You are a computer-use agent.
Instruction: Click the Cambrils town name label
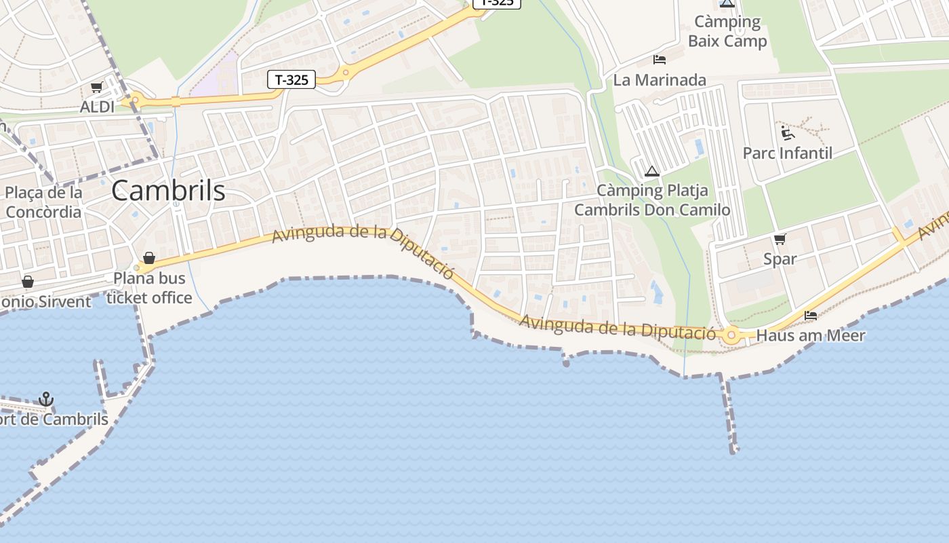(168, 190)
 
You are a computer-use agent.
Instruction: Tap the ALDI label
(98, 107)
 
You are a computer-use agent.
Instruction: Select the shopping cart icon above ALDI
(96, 88)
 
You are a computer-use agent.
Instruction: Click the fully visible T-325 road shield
(291, 79)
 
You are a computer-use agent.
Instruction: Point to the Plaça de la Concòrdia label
(43, 202)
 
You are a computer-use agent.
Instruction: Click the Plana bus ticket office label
(149, 288)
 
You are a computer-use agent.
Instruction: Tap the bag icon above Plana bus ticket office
(149, 258)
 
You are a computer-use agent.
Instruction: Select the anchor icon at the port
(45, 399)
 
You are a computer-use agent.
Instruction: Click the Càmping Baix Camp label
(727, 31)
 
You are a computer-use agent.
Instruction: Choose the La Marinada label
(660, 80)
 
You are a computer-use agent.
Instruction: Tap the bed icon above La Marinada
(660, 60)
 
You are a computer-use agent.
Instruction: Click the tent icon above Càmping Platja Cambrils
(652, 171)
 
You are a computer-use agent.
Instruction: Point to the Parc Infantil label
(788, 153)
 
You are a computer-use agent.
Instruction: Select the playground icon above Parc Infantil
(787, 132)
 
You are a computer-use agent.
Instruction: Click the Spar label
(780, 259)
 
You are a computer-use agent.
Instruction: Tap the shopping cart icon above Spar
(780, 239)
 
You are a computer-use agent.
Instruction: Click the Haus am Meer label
(811, 335)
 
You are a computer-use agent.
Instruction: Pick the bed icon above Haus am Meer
(811, 316)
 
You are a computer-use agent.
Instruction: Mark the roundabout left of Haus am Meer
(731, 335)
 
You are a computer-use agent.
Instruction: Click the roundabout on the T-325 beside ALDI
(135, 100)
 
